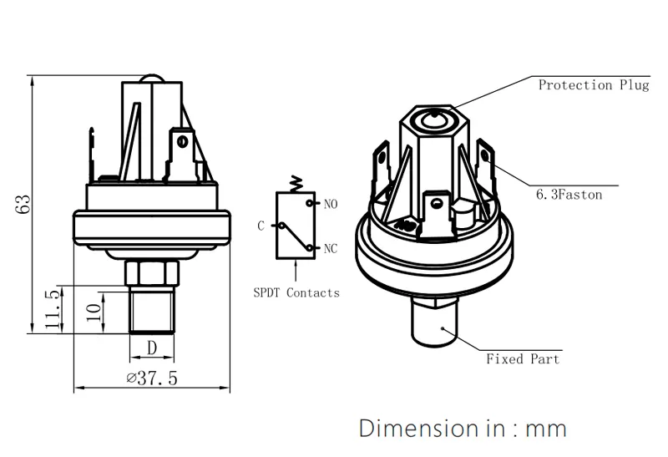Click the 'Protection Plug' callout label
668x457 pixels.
593,85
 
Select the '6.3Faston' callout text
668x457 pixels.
569,195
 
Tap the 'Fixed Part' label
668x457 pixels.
523,359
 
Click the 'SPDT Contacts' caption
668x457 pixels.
296,293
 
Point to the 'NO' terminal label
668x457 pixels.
331,203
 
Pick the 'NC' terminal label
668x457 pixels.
331,248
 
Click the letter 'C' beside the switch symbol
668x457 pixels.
261,226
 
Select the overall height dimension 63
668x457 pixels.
23,205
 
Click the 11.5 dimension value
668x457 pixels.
53,310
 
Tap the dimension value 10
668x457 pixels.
94,313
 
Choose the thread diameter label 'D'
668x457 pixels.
152,346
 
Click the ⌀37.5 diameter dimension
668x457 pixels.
152,378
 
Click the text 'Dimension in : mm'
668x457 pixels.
463,429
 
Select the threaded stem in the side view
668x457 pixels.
152,310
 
